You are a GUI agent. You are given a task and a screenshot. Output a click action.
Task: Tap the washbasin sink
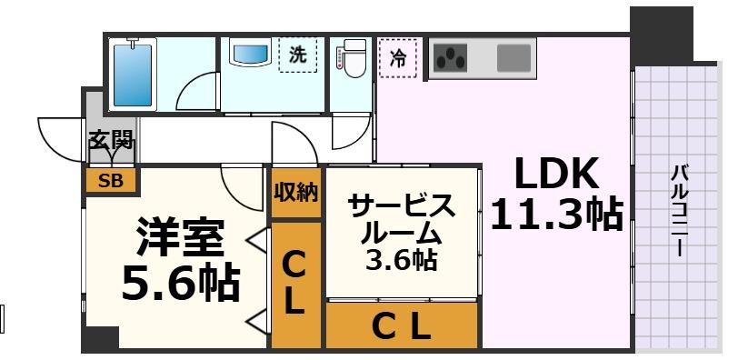click(x=251, y=54)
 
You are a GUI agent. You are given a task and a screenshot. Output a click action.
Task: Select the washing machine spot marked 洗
click(x=297, y=55)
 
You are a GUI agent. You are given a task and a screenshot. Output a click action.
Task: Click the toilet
click(x=350, y=56)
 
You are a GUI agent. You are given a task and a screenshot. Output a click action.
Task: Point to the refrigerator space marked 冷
click(x=397, y=56)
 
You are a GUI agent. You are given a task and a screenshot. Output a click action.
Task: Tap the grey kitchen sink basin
click(x=514, y=58)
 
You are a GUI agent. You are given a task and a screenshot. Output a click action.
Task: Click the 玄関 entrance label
click(x=111, y=140)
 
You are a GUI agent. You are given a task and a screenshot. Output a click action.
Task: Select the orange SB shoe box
click(x=111, y=180)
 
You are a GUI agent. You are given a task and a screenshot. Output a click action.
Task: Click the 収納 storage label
click(x=296, y=192)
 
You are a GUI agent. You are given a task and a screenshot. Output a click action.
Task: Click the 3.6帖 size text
click(x=400, y=261)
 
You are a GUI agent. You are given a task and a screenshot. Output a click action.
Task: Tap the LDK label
click(x=556, y=173)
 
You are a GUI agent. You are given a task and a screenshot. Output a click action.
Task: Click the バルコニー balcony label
click(x=678, y=210)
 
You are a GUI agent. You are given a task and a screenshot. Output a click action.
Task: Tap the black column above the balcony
click(x=661, y=32)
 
